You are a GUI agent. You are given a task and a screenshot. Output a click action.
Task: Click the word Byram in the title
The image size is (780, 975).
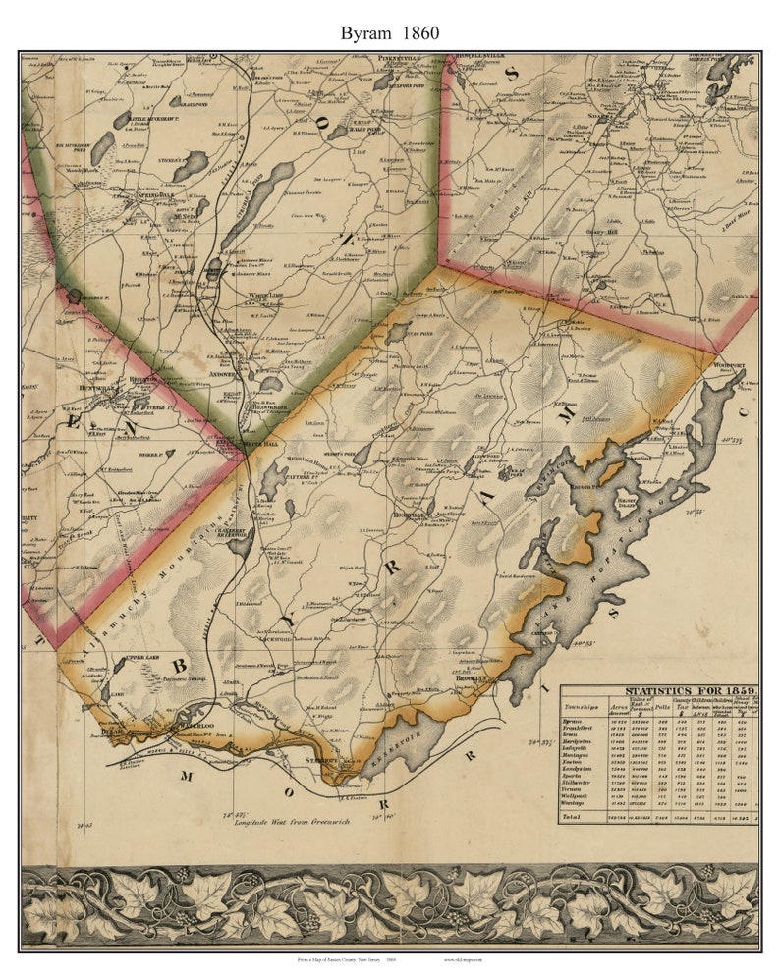click(364, 32)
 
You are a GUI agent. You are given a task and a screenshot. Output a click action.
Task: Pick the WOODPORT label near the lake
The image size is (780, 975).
click(730, 364)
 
